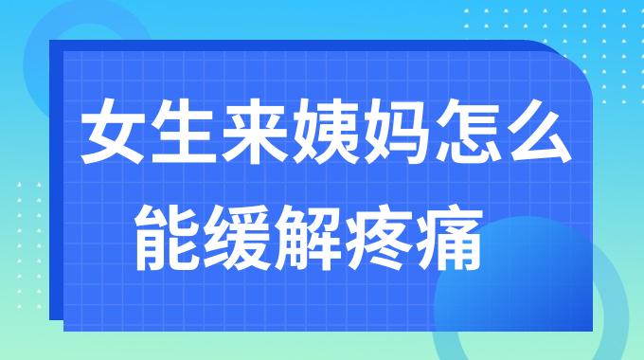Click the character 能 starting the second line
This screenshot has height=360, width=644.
click(x=168, y=227)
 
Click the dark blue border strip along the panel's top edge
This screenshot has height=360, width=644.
click(x=284, y=45)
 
